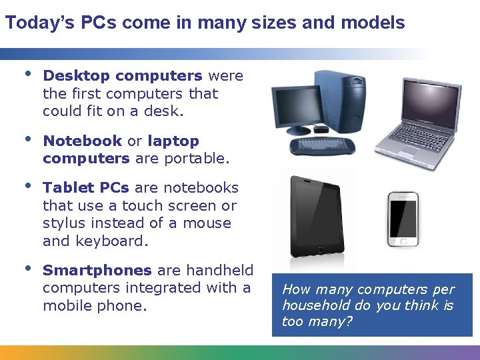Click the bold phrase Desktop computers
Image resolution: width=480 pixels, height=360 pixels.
(123, 76)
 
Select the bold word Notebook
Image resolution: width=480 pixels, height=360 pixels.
(82, 141)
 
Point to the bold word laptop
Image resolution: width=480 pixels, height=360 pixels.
(173, 141)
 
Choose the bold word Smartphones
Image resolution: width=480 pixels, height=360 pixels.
(97, 270)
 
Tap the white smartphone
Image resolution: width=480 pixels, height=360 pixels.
(403, 219)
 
